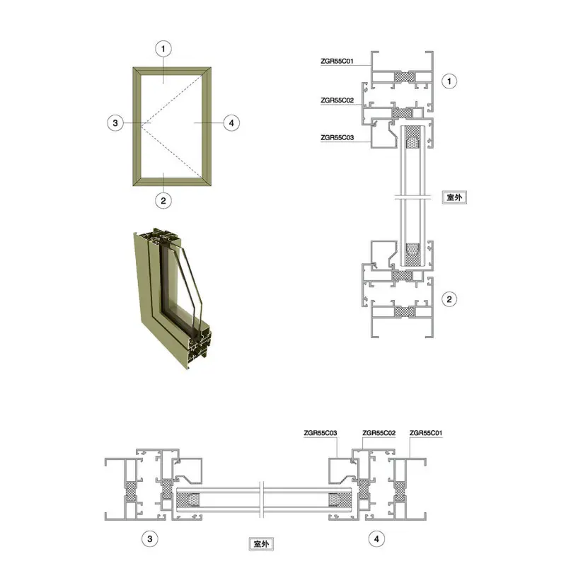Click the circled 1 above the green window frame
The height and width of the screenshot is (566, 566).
163,49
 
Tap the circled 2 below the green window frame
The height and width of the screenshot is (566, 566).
163,201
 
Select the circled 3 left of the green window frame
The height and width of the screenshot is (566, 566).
115,123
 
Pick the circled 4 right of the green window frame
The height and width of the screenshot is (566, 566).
231,123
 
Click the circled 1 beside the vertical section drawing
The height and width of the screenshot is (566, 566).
449,81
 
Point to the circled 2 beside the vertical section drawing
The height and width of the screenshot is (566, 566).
449,299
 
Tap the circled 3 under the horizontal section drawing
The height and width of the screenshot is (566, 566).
150,539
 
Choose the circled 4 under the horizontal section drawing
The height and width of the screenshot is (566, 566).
376,539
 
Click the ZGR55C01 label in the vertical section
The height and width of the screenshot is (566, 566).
337,61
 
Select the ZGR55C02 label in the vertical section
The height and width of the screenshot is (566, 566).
337,100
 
